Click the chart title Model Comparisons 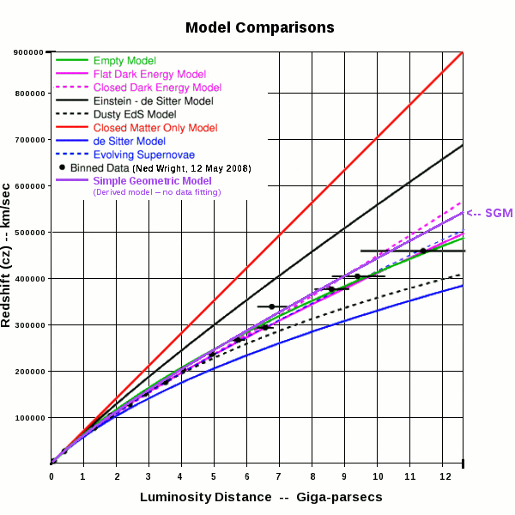(260, 27)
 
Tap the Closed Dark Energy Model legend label (157, 88)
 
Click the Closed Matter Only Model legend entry (154, 128)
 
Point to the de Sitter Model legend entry (129, 141)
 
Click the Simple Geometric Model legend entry (153, 181)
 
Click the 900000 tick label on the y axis (28, 52)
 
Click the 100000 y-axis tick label (28, 417)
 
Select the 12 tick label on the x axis (442, 476)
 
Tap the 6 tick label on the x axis (246, 476)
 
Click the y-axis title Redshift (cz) (10, 257)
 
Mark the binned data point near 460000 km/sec (422, 251)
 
